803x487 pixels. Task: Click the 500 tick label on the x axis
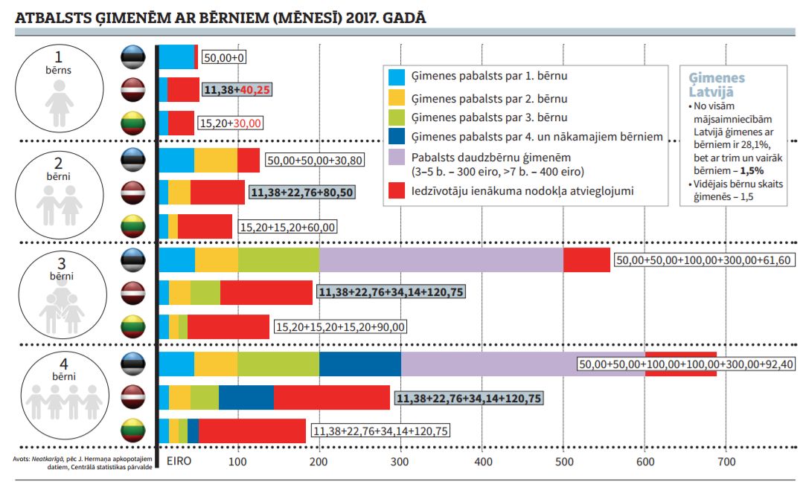(564, 462)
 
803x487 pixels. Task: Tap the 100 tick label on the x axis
(237, 462)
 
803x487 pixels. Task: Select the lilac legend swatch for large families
(397, 157)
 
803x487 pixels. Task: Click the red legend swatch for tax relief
(397, 191)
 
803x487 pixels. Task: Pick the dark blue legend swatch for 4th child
(397, 137)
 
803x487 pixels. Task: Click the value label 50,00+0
(224, 57)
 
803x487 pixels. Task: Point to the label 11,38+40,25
(237, 89)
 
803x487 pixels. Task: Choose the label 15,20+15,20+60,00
(287, 227)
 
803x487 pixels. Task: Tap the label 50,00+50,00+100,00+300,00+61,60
(704, 260)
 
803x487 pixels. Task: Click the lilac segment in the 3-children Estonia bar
(441, 260)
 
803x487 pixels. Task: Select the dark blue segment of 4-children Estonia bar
(360, 364)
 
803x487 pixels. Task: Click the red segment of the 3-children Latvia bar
(266, 293)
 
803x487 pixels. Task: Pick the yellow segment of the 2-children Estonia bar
(216, 160)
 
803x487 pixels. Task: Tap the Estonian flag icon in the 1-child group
(133, 57)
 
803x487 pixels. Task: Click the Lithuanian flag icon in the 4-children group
(133, 430)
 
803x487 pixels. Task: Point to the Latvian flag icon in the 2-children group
(133, 193)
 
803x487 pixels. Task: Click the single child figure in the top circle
(60, 103)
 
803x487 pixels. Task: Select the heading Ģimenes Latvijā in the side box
(717, 85)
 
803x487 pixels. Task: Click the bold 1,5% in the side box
(752, 171)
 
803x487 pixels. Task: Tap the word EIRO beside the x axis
(179, 461)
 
